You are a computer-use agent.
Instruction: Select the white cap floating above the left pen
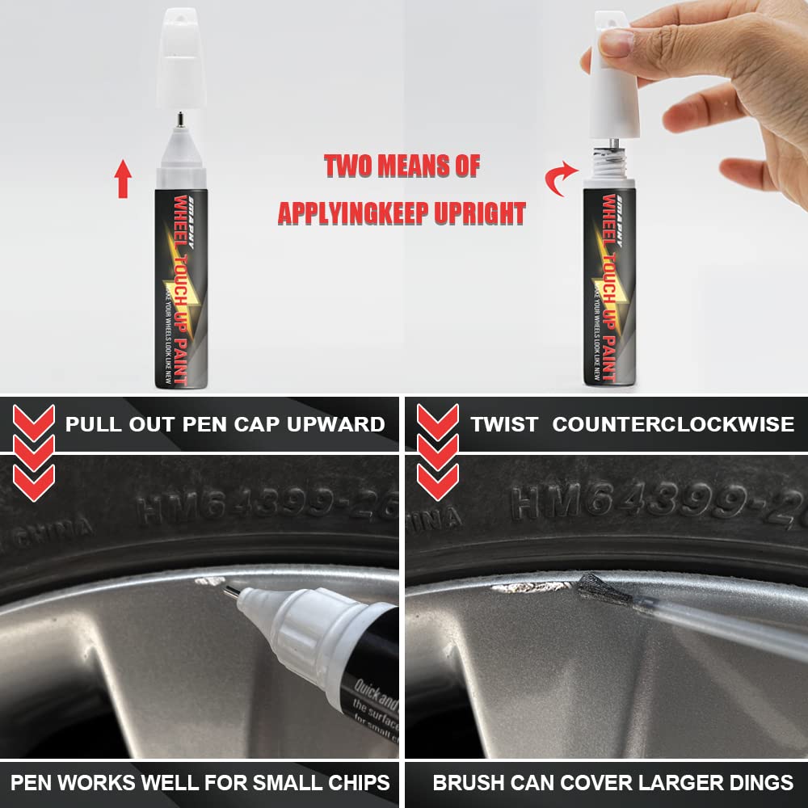tap(180, 57)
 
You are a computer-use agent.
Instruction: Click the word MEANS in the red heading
tap(410, 166)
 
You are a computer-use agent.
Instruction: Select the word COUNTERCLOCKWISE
tap(672, 424)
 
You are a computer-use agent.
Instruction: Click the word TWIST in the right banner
tap(504, 424)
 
